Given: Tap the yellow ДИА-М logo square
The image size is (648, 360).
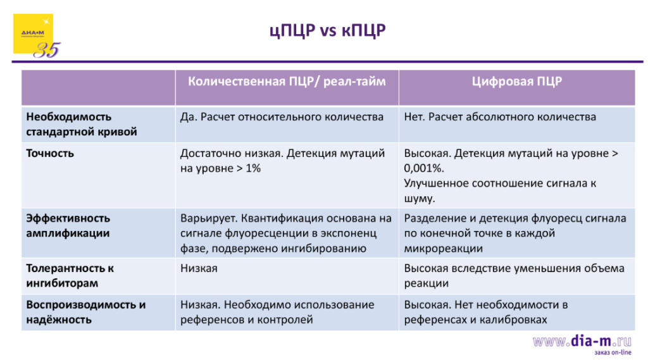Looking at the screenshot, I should point(33,33).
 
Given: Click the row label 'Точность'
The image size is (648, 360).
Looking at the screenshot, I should point(50,153).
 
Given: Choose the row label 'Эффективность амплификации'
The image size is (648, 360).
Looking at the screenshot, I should point(68,226).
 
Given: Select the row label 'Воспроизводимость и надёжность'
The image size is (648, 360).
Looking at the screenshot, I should point(85,312).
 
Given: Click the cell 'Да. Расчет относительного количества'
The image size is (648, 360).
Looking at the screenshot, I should point(282,117).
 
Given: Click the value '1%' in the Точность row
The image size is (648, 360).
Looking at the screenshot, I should point(252,168).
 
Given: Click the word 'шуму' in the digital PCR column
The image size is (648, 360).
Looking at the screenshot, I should point(418,199).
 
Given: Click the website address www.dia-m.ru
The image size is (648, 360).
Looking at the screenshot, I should point(582,342).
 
